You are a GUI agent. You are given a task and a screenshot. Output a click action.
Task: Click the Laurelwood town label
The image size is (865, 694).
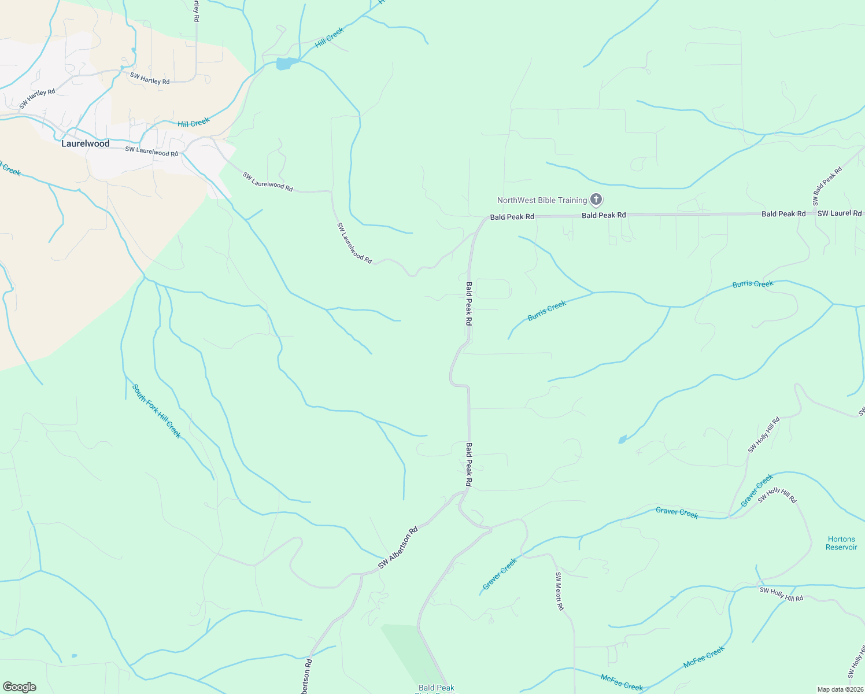click(86, 143)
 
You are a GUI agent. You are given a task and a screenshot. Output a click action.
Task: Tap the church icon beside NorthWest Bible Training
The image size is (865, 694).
click(596, 200)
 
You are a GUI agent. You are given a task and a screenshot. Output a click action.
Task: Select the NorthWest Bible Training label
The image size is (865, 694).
click(542, 200)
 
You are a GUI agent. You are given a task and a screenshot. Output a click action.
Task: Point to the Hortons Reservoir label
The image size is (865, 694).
click(841, 543)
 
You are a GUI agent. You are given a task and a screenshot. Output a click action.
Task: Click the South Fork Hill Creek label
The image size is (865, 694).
click(157, 411)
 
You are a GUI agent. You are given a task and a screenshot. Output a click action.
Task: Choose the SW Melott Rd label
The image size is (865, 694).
click(559, 591)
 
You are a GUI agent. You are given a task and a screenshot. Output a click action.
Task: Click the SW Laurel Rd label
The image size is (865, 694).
click(840, 213)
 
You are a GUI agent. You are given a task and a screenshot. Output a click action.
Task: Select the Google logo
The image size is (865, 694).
click(20, 687)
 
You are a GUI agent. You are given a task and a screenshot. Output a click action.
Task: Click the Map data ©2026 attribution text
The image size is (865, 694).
click(839, 689)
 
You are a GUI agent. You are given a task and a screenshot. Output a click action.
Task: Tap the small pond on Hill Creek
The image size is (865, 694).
click(284, 64)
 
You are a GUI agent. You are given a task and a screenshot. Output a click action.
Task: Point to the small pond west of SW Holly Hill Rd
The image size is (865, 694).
click(622, 440)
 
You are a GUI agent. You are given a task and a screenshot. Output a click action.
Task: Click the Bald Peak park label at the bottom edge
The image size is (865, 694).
click(437, 688)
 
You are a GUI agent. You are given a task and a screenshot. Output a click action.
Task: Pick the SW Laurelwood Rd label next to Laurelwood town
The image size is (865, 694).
click(151, 152)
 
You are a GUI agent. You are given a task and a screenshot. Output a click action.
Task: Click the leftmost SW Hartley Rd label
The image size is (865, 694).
click(37, 99)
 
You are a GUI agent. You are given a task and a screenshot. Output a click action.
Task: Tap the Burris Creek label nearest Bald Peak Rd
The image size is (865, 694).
click(547, 311)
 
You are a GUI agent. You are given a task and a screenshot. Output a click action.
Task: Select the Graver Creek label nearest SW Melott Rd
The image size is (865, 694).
click(500, 574)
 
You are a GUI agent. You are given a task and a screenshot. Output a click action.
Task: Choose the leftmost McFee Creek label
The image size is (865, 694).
click(622, 682)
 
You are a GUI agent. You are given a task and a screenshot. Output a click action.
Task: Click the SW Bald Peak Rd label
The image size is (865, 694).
click(827, 186)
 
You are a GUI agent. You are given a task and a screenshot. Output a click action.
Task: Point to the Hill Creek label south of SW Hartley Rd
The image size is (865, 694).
click(194, 123)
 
